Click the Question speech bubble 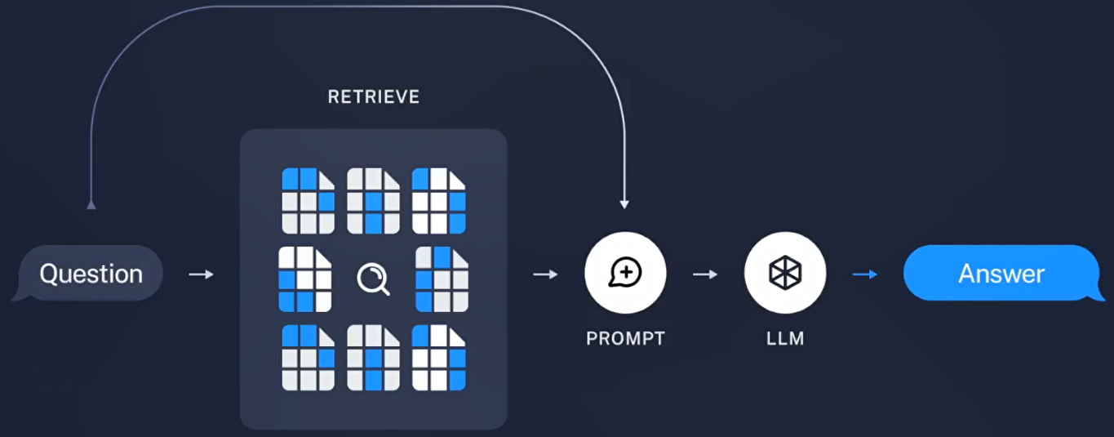(x=90, y=274)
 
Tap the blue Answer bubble (x=1001, y=274)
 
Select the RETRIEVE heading (x=374, y=97)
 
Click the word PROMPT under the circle (x=625, y=338)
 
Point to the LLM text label (x=785, y=338)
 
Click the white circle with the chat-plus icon (x=625, y=274)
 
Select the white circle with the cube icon (x=785, y=274)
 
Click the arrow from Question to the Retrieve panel (x=201, y=274)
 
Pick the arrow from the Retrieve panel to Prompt (x=545, y=274)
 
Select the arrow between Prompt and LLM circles (x=705, y=274)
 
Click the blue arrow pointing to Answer (x=865, y=274)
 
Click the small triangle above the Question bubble (x=91, y=204)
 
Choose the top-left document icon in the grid (x=308, y=201)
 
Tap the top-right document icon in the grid (x=438, y=201)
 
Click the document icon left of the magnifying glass (x=304, y=279)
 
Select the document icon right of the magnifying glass (x=442, y=279)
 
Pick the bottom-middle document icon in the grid (x=373, y=358)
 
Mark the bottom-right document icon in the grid (x=438, y=358)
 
